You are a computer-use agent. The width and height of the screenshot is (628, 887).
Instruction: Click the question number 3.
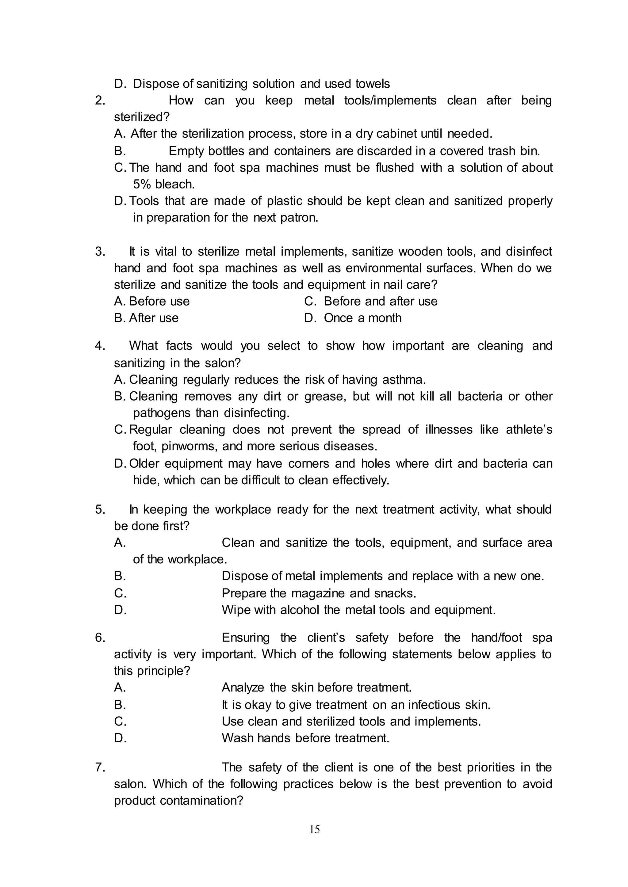click(x=100, y=252)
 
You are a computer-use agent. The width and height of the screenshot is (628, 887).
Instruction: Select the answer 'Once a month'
click(x=362, y=318)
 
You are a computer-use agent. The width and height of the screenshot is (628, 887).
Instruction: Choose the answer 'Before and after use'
click(x=381, y=302)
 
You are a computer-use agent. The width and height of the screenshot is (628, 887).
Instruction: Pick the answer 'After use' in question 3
click(x=154, y=318)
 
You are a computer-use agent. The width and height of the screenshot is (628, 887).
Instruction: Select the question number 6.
click(x=100, y=638)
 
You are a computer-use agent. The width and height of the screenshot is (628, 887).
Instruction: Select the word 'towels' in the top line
click(x=372, y=84)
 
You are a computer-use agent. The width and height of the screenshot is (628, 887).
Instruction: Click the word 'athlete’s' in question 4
click(x=529, y=430)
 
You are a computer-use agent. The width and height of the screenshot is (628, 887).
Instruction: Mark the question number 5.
click(x=100, y=510)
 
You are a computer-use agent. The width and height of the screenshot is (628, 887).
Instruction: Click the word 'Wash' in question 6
click(x=237, y=738)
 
